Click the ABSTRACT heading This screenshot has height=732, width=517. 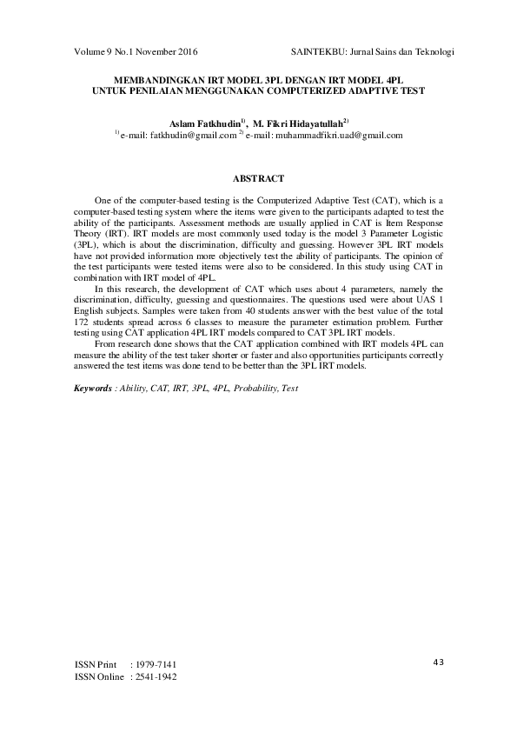click(x=259, y=179)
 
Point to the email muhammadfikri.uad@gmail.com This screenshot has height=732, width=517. click(x=339, y=136)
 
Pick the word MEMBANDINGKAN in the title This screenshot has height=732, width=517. click(x=155, y=77)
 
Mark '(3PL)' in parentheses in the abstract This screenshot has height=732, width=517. click(x=84, y=246)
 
